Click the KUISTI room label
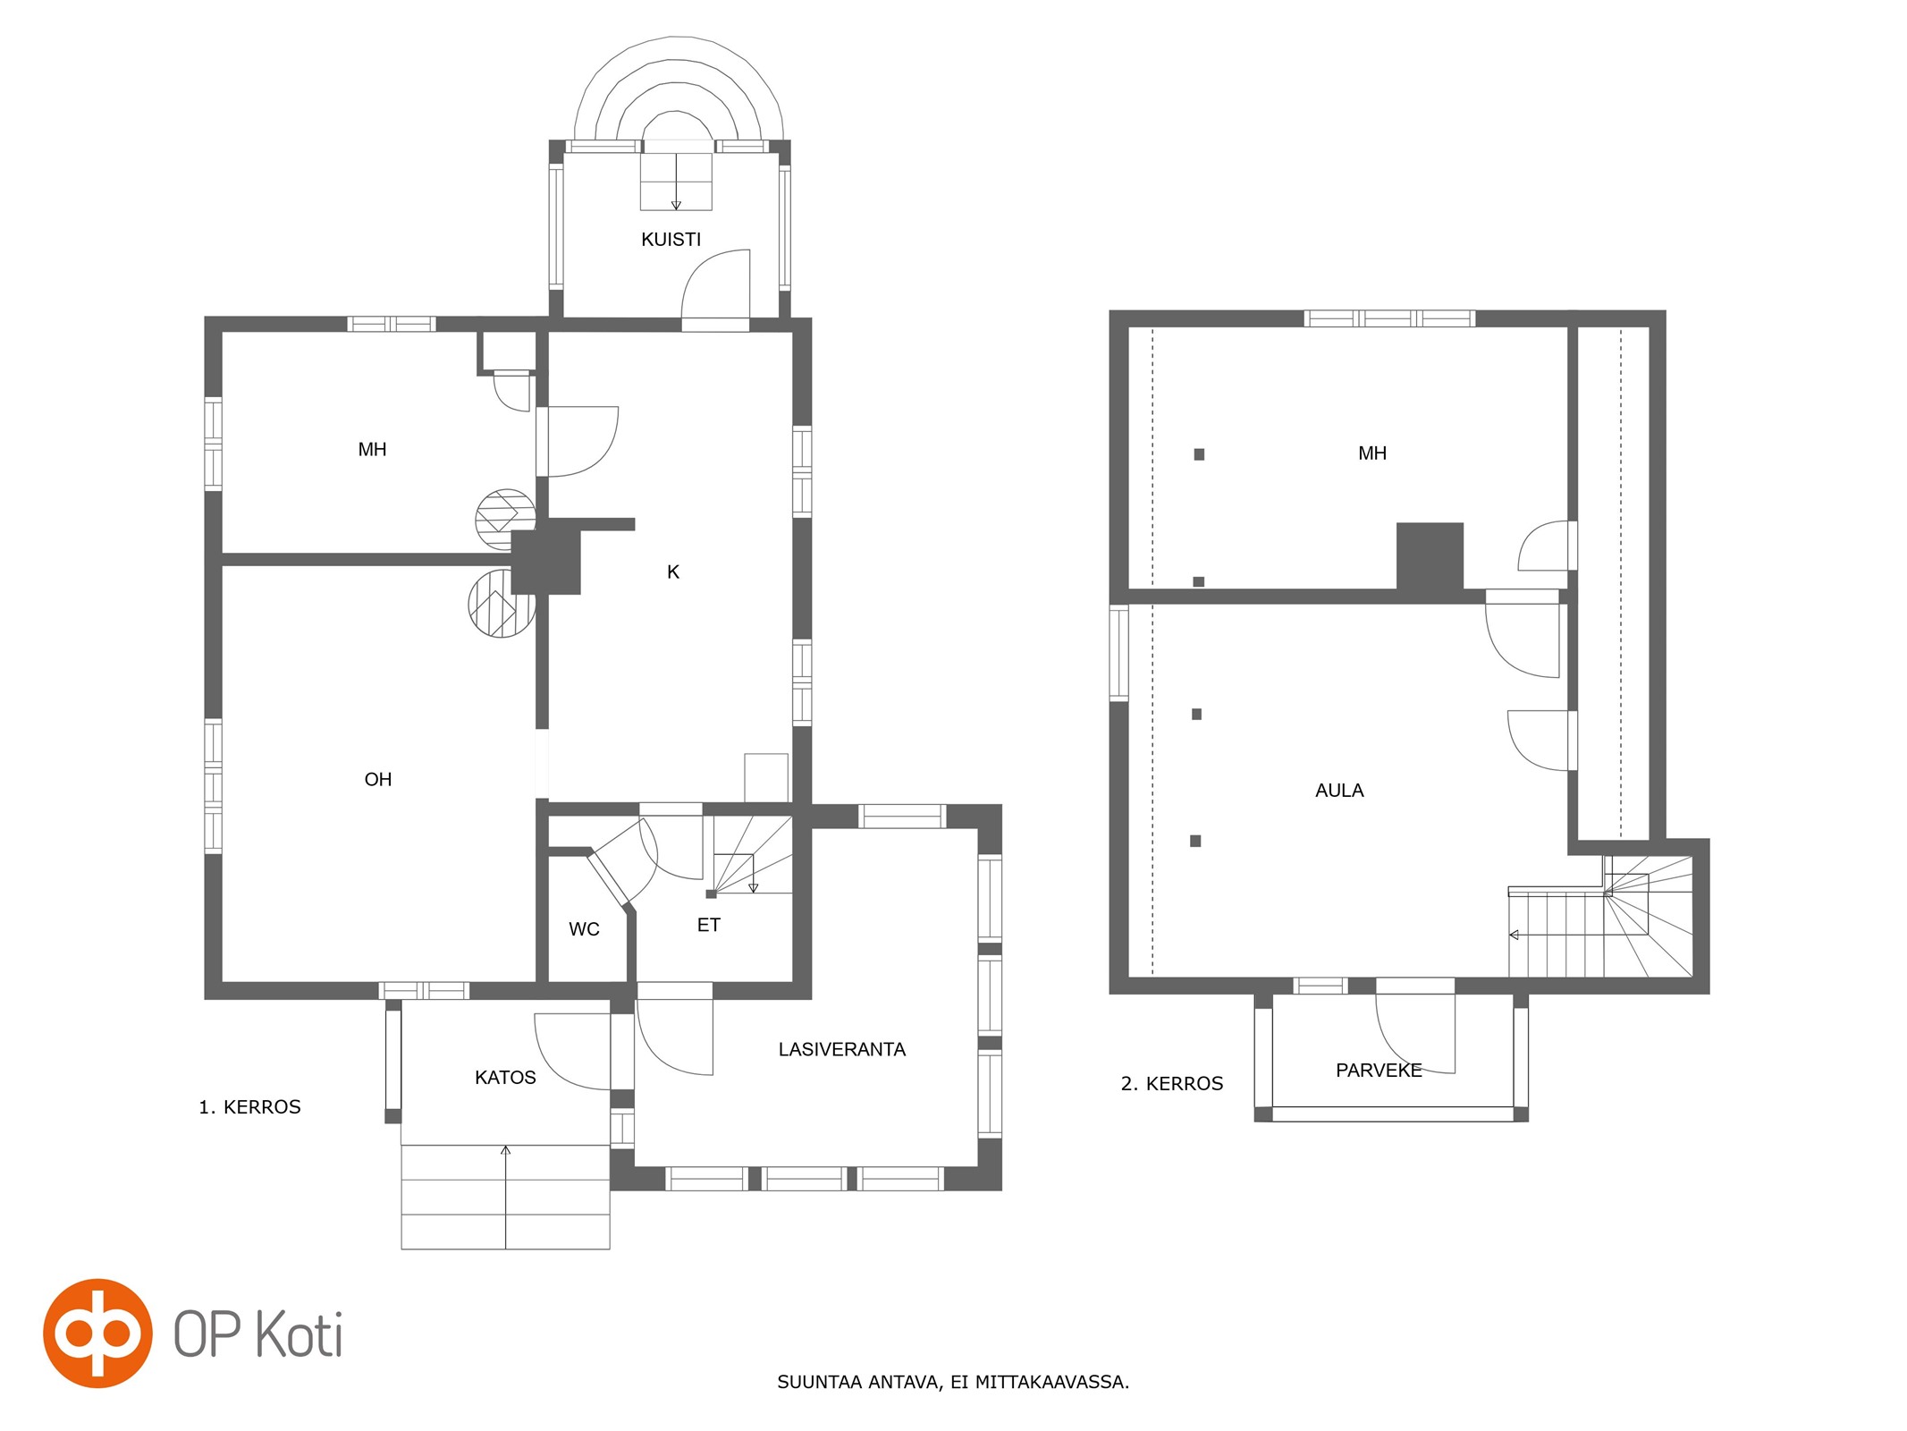(x=671, y=240)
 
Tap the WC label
(x=584, y=929)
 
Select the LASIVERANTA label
(x=841, y=1049)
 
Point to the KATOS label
(x=505, y=1078)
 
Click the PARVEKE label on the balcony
(x=1379, y=1071)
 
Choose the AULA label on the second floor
(x=1339, y=791)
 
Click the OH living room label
(x=378, y=780)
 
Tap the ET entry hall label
(x=708, y=926)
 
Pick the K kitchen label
(x=673, y=572)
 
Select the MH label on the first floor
(x=372, y=450)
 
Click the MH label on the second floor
(x=1372, y=453)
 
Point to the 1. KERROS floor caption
(x=249, y=1107)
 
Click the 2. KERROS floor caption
(x=1172, y=1084)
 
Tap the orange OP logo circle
(x=97, y=1334)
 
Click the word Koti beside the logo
(x=299, y=1334)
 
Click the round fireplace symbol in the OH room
(x=501, y=605)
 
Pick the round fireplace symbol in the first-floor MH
(x=504, y=519)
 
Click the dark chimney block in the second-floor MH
(x=1430, y=556)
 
